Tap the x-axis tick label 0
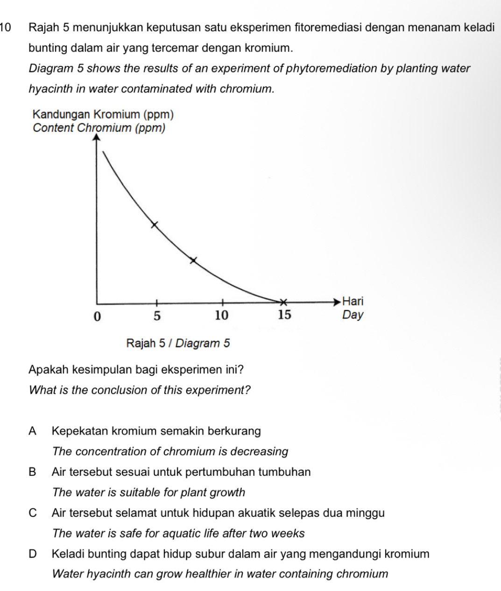coord(97,316)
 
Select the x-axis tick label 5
coord(157,316)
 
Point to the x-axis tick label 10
coord(222,316)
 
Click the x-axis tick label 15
coord(284,315)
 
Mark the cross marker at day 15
coord(282,301)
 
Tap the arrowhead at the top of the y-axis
coord(97,137)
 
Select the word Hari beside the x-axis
coord(353,301)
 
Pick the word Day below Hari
coord(353,315)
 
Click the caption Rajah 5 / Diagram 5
coord(178,344)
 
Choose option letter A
coord(32,431)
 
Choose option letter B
coord(32,472)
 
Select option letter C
coord(32,513)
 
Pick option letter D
coord(32,554)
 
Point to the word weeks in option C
coord(289,534)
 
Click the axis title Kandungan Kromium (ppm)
coord(103,114)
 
